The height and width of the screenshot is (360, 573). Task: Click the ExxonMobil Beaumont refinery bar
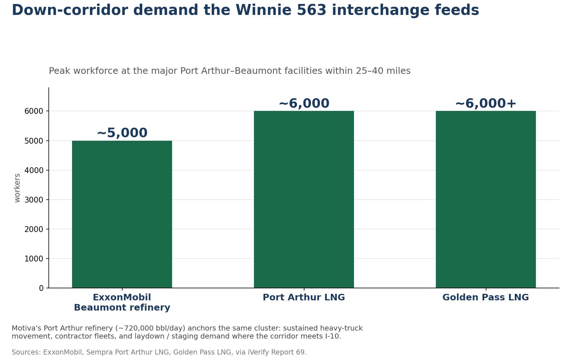click(x=122, y=214)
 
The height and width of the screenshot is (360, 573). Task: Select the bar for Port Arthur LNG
click(x=304, y=199)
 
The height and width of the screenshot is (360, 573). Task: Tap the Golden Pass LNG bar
click(x=486, y=199)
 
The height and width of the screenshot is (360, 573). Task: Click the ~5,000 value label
click(x=122, y=133)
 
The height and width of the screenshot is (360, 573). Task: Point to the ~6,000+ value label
click(x=486, y=103)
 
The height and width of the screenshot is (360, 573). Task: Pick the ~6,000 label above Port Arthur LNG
click(x=304, y=103)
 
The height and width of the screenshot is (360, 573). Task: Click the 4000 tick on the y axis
click(x=34, y=170)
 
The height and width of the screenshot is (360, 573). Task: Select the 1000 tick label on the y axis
click(x=34, y=259)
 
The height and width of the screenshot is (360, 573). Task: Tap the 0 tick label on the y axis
click(x=41, y=288)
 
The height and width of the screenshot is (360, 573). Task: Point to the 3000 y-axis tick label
click(x=34, y=200)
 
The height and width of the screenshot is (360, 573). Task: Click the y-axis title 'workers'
click(x=17, y=188)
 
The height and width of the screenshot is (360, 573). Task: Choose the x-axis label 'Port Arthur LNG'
click(x=304, y=297)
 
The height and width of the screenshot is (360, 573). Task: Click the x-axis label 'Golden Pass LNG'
click(x=486, y=297)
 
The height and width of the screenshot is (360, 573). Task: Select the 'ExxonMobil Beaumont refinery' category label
click(x=122, y=302)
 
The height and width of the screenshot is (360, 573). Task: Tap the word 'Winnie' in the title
click(x=263, y=10)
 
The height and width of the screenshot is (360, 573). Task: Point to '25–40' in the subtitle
click(x=370, y=71)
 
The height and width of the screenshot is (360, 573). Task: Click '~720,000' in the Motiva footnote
click(x=135, y=328)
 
